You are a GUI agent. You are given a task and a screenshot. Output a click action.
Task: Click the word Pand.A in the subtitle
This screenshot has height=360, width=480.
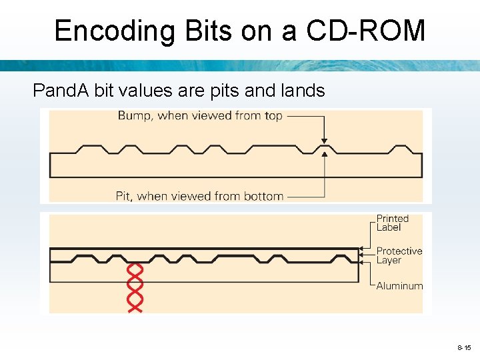[61, 91]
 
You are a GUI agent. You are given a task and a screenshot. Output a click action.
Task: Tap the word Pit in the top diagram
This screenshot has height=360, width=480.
[123, 196]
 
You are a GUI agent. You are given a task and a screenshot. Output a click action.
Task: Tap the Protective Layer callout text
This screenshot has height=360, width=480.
[399, 255]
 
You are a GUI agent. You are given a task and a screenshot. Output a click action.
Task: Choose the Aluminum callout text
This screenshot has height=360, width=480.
[399, 286]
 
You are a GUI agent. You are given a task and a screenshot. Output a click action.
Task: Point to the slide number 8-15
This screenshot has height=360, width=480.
[464, 348]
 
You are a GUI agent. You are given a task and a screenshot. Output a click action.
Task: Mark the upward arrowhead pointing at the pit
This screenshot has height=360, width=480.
[324, 155]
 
